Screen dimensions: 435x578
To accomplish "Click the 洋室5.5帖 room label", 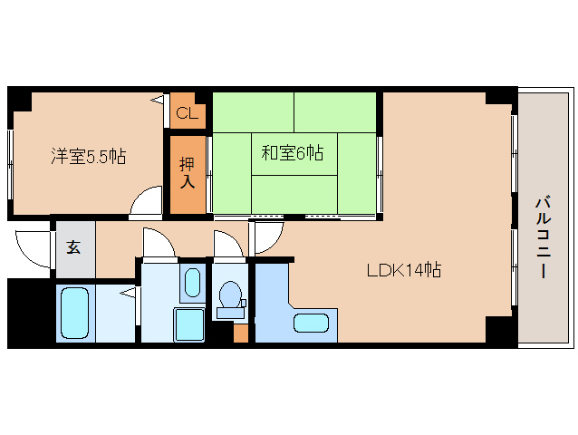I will pos(88,156).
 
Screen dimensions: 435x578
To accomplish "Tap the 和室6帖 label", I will pos(292,153).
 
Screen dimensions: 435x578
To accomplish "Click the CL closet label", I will pos(187,113).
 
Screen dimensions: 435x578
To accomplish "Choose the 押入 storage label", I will pos(187,172).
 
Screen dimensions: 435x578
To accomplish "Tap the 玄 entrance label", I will pos(72,246).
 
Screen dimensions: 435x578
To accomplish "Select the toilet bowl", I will pos(230,295).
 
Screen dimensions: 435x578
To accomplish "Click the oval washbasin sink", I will pos(191,284).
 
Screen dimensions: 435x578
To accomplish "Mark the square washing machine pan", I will pos(190,324).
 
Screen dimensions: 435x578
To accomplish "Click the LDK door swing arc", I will pos(266,237).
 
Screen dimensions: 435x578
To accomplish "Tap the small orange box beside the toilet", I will pos(240,332).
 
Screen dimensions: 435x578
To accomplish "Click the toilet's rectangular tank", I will pos(230,314).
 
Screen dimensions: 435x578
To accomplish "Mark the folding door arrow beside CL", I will pos(159,98).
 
